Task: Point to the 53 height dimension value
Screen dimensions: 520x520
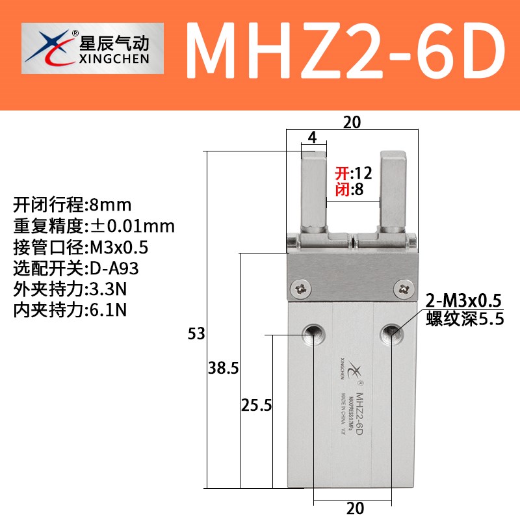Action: [x=196, y=335]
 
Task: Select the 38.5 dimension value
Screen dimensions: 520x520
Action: [x=224, y=369]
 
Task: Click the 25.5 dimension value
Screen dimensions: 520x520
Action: [x=256, y=406]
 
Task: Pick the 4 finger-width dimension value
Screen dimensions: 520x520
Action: [x=312, y=138]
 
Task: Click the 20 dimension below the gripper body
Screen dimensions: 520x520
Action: [x=355, y=508]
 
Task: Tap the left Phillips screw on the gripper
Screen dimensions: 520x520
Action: [x=302, y=287]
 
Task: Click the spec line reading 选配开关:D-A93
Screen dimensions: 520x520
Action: [x=76, y=268]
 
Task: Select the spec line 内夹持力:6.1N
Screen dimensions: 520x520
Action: [x=70, y=309]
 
